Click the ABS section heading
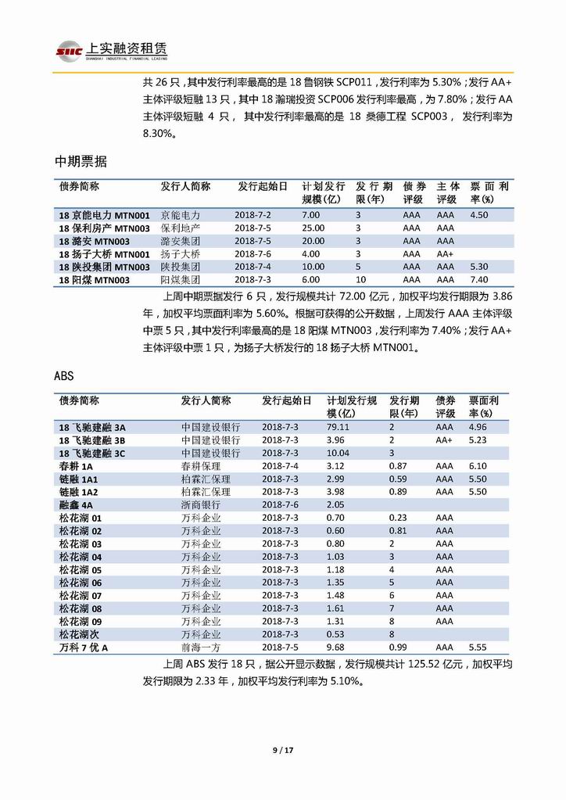(64, 375)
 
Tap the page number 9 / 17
(282, 751)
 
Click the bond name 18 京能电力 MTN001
(104, 214)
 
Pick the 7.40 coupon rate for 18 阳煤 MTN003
(479, 279)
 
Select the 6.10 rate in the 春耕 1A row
(478, 466)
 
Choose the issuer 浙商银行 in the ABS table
(201, 504)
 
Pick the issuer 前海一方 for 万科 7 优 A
(201, 648)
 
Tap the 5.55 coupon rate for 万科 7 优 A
(478, 648)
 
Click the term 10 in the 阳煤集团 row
(360, 279)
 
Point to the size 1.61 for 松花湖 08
(335, 608)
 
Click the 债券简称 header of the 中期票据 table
(79, 187)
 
